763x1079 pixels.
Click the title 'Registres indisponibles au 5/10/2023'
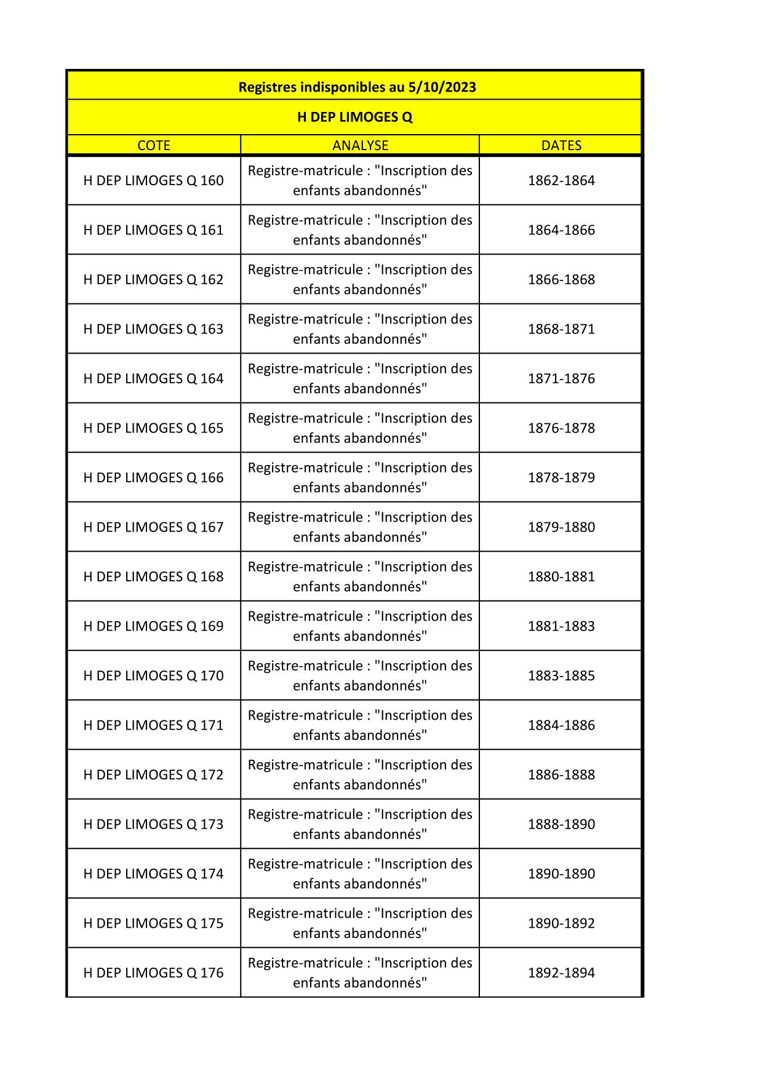(x=357, y=87)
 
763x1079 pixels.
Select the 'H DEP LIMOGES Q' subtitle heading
(x=354, y=117)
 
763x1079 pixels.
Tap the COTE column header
(x=154, y=145)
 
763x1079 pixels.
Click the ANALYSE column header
(x=360, y=145)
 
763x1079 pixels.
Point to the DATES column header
(x=561, y=145)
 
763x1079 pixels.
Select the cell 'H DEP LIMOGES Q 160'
(x=154, y=180)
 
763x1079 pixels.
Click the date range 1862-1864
(x=561, y=180)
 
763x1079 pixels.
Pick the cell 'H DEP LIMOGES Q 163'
(x=154, y=329)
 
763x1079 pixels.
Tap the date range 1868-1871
(x=561, y=329)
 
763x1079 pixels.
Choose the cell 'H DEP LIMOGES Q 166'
(x=154, y=477)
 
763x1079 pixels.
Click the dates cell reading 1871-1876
(x=561, y=378)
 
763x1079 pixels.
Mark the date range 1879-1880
(x=561, y=527)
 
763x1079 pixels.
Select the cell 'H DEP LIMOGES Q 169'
(x=154, y=626)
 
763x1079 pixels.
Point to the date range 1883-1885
(x=561, y=675)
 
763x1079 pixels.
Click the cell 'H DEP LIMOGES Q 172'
(x=154, y=774)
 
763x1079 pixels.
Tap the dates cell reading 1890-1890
(x=561, y=874)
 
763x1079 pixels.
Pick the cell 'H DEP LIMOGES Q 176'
(x=154, y=973)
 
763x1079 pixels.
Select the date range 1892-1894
(x=561, y=973)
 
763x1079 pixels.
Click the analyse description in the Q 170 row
(x=360, y=675)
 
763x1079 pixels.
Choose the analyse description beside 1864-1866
(x=360, y=230)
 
